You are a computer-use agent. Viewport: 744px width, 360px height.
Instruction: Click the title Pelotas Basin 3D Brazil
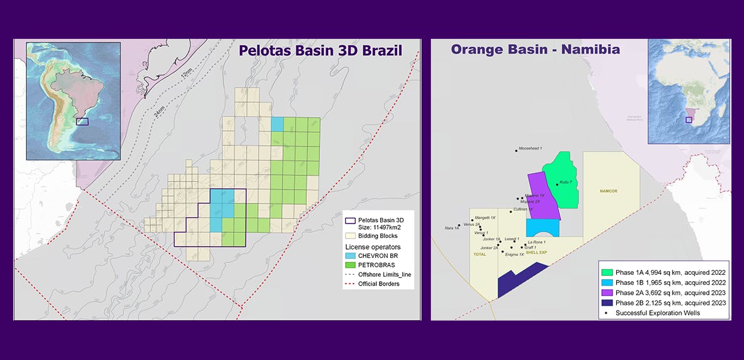tap(320, 51)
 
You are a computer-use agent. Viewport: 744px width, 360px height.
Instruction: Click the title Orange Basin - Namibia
tap(535, 49)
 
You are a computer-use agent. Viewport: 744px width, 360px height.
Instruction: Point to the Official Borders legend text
tap(378, 284)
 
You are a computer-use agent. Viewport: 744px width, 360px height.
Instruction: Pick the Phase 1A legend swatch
tap(606, 273)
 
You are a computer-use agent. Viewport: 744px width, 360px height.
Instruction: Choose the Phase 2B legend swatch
tap(606, 302)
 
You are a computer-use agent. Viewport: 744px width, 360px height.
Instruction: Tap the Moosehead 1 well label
tap(530, 148)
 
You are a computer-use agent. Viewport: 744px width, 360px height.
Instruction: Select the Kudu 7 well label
tap(566, 182)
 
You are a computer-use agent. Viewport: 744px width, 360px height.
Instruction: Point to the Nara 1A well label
tap(452, 228)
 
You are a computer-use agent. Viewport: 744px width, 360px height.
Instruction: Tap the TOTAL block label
tap(480, 254)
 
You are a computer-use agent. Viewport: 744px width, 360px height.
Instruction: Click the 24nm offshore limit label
tap(159, 111)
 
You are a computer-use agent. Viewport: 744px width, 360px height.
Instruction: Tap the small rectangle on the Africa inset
tap(688, 120)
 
